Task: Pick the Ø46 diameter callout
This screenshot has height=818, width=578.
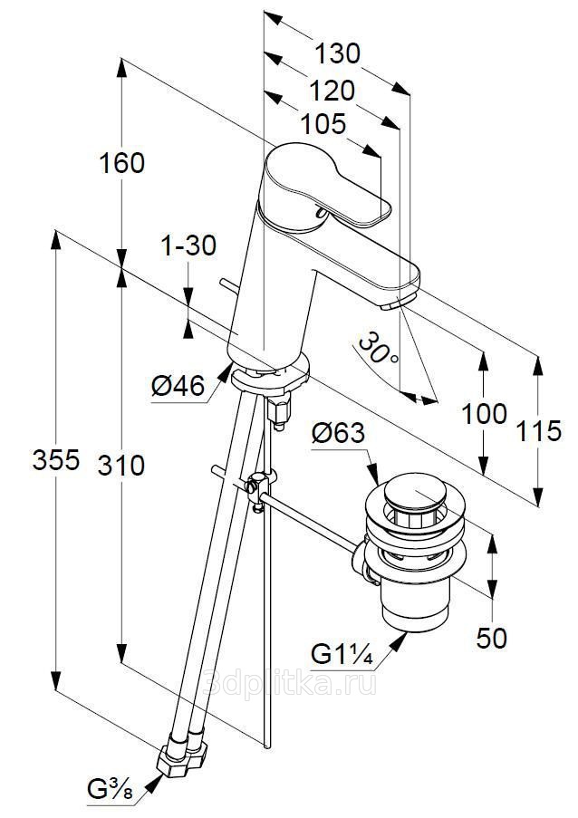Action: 177,386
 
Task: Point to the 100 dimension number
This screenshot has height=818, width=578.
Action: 484,414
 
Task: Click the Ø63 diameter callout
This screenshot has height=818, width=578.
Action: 337,434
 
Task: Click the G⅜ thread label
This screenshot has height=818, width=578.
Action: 110,790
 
